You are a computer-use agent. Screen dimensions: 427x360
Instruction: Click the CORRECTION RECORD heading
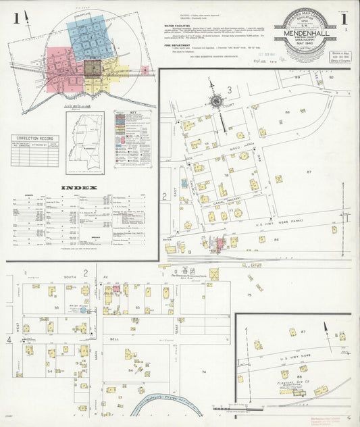(35, 139)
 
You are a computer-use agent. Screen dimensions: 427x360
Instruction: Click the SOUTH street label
(70, 277)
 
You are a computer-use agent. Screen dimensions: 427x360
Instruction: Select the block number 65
(138, 307)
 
